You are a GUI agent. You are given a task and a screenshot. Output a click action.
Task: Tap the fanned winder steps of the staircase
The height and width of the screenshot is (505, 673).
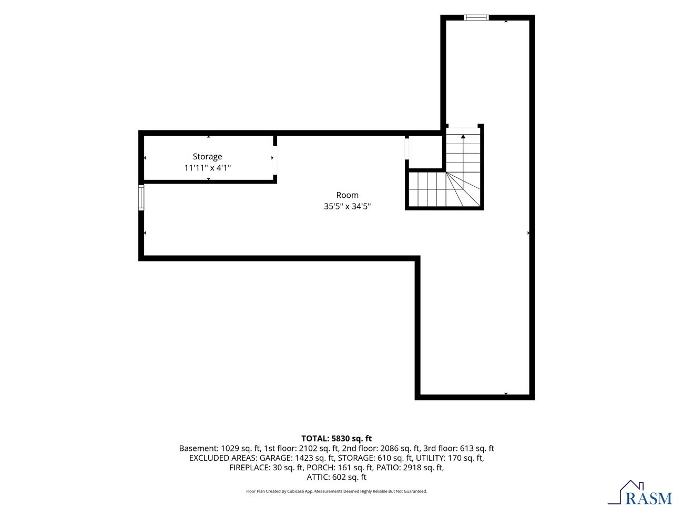pyautogui.click(x=462, y=189)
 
